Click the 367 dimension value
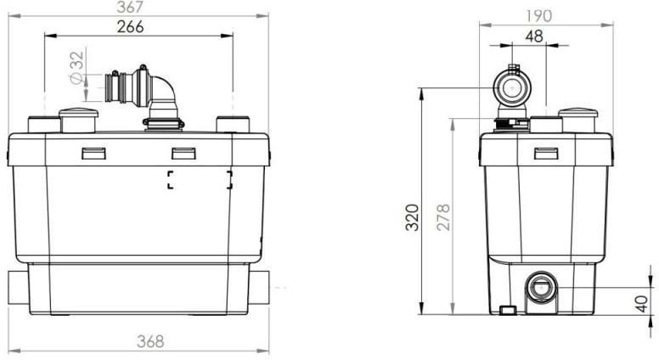pyautogui.click(x=130, y=7)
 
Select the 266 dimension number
pyautogui.click(x=130, y=27)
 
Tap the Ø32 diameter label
pyautogui.click(x=77, y=68)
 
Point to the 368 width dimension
pyautogui.click(x=150, y=341)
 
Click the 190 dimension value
pyautogui.click(x=538, y=16)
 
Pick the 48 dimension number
pyautogui.click(x=534, y=37)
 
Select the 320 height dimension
pyautogui.click(x=413, y=217)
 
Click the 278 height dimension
pyautogui.click(x=443, y=217)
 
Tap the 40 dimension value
pyautogui.click(x=642, y=304)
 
